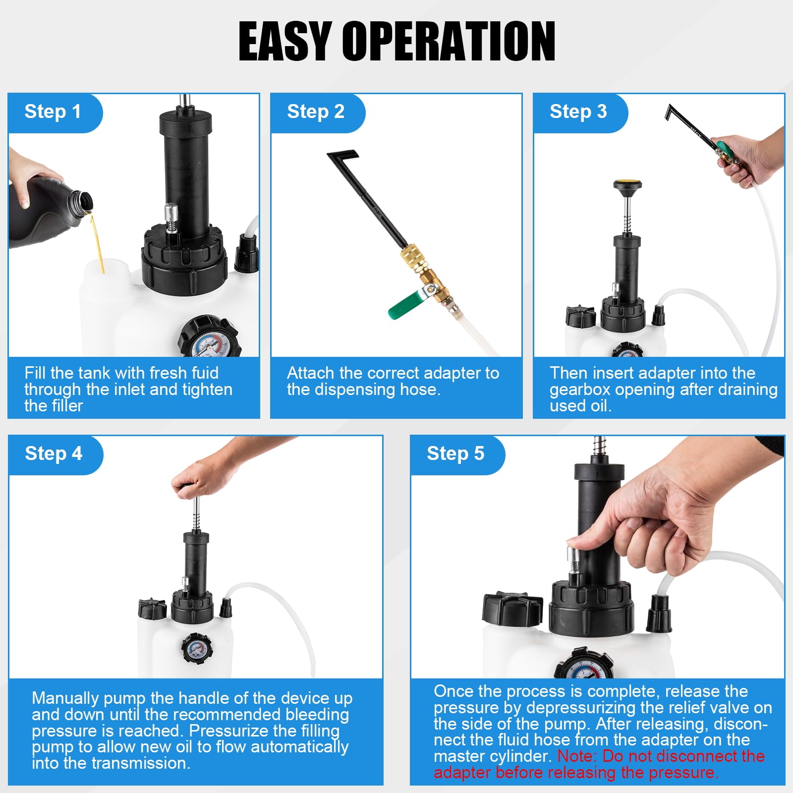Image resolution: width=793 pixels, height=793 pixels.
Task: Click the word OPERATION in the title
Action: coord(449,42)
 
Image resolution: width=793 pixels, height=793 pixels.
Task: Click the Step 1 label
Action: coord(53,112)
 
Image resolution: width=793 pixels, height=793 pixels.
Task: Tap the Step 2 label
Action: coord(315,112)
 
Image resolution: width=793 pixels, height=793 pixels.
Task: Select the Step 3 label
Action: coord(578,112)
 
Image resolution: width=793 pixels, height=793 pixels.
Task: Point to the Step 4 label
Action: coord(54,453)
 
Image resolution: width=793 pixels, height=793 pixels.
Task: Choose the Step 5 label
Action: coord(455,453)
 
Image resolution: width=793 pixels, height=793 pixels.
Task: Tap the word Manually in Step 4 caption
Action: coord(65,698)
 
